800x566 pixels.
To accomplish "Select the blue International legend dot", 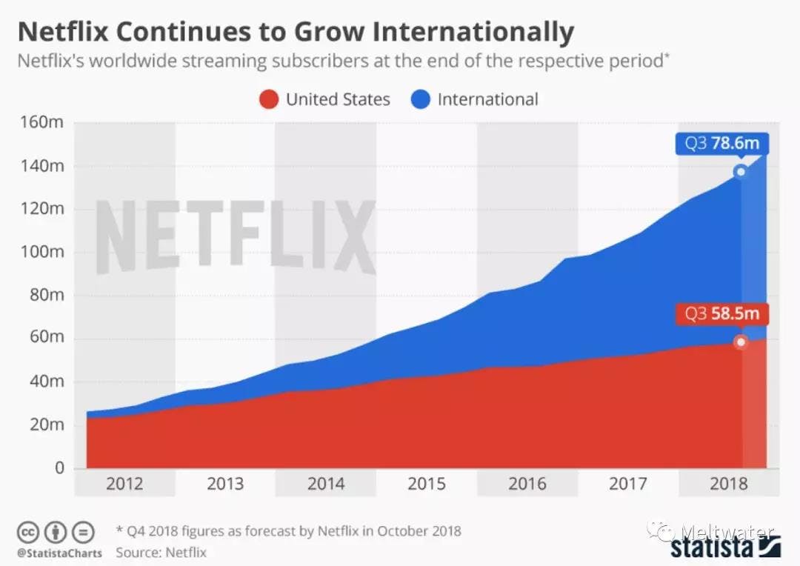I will [420, 99].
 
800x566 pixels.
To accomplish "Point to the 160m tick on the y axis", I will [44, 122].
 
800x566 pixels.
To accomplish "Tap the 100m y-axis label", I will [44, 252].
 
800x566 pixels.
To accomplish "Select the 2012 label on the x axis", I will [124, 485].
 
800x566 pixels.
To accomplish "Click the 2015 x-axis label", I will [427, 485].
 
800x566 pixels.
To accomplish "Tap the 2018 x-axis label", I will [729, 485].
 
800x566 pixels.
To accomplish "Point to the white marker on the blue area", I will [740, 172].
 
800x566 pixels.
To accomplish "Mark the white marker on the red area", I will [740, 342].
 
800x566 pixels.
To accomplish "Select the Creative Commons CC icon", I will [28, 531].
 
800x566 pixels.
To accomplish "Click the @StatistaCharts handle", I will [59, 553].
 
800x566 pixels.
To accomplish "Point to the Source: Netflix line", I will [161, 552].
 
